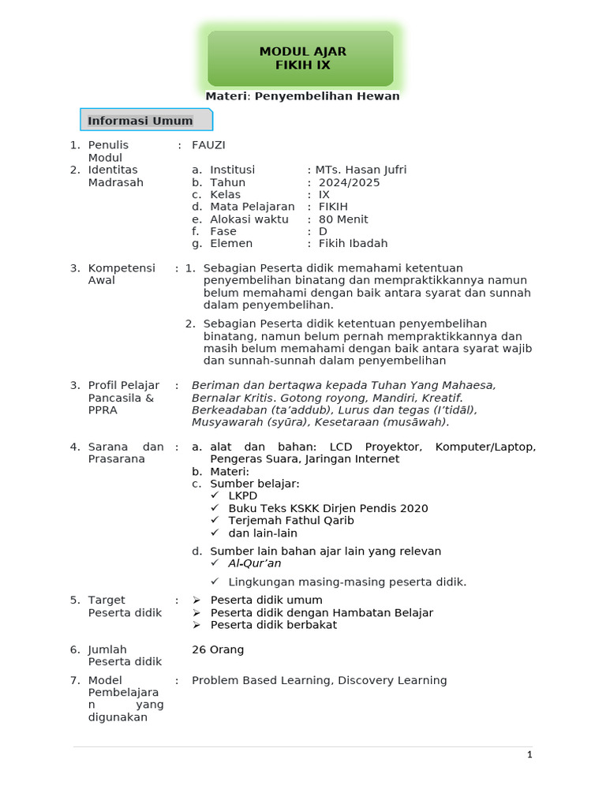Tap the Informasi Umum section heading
[140, 121]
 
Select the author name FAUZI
[208, 145]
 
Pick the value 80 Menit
[343, 219]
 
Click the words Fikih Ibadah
[353, 244]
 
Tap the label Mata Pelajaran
[252, 207]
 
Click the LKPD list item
[243, 496]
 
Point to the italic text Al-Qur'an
[254, 563]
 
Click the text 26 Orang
[218, 649]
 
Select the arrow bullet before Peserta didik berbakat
[197, 625]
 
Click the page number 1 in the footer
[530, 755]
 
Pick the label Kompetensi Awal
[112, 274]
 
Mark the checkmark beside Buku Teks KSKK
[215, 508]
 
